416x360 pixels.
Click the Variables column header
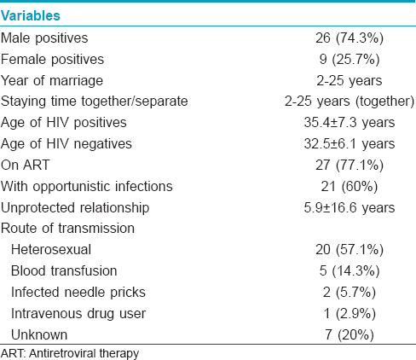(31, 15)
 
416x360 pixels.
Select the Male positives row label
(44, 38)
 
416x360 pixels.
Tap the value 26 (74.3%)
(350, 38)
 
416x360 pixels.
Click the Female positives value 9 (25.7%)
(350, 59)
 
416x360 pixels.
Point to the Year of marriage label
(52, 81)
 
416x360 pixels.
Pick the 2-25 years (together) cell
(350, 102)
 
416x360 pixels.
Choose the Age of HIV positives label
(64, 123)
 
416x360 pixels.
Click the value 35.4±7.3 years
(350, 123)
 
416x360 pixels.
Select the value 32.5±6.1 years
(350, 144)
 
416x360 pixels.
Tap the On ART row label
(26, 165)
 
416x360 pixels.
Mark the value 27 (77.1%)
(350, 165)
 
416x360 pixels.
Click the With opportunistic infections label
(87, 187)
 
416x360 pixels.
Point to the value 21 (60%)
(350, 187)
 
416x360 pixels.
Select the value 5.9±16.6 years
(350, 207)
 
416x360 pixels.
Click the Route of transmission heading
(67, 229)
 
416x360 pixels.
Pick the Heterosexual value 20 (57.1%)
(350, 250)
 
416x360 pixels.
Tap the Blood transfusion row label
(64, 270)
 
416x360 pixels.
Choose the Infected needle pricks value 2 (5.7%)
(350, 293)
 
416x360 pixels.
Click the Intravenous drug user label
(78, 314)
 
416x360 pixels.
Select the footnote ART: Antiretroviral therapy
(70, 354)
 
